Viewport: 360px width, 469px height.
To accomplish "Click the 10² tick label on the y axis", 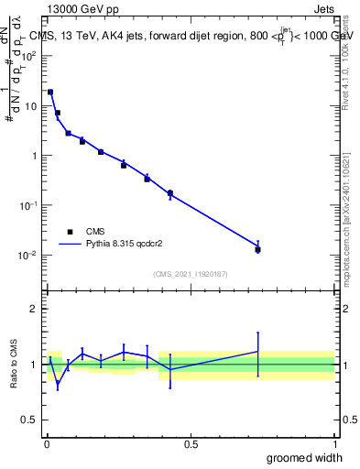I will [28, 56].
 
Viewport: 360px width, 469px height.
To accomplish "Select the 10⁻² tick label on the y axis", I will [28, 255].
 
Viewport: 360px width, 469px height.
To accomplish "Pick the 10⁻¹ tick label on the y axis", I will [28, 205].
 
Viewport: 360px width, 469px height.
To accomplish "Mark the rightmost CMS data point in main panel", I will [258, 249].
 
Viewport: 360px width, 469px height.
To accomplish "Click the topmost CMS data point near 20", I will [50, 92].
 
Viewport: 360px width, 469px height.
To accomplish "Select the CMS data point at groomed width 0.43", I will [170, 193].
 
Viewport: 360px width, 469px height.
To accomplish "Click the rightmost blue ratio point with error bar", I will [258, 352].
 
